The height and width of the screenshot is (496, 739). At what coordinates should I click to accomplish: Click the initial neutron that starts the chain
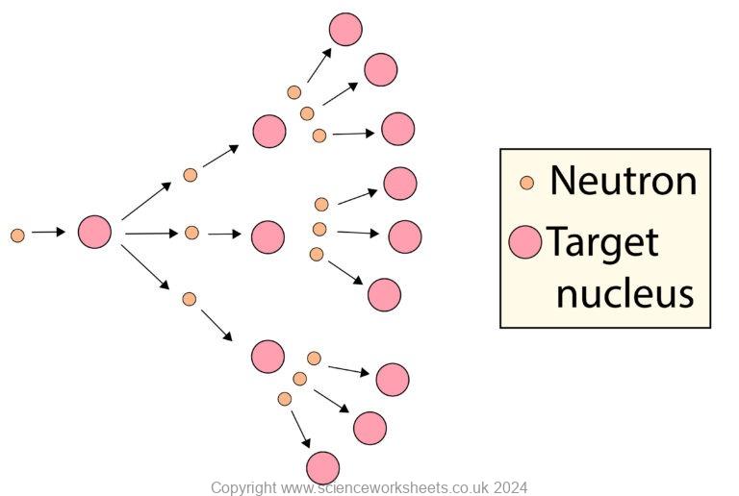click(x=17, y=235)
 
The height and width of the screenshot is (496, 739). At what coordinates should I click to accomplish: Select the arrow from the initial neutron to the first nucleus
click(x=48, y=232)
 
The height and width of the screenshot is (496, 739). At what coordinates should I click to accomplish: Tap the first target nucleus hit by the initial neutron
click(x=94, y=232)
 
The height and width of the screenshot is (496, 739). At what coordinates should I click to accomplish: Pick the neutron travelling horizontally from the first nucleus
click(x=191, y=233)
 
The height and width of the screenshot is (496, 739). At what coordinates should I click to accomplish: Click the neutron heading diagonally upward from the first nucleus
click(x=191, y=175)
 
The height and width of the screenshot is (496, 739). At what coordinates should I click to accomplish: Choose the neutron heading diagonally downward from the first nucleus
click(x=190, y=299)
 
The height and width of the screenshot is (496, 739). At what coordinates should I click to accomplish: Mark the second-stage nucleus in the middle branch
click(x=268, y=236)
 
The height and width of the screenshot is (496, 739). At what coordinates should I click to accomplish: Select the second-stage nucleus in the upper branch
click(x=269, y=131)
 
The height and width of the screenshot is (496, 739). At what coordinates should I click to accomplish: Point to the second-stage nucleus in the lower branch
click(x=268, y=356)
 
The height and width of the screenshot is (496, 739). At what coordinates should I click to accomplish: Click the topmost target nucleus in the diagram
click(x=345, y=30)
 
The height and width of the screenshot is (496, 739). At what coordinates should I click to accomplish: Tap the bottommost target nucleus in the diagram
click(x=323, y=468)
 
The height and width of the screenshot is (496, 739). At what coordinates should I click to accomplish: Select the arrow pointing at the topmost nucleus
click(x=319, y=64)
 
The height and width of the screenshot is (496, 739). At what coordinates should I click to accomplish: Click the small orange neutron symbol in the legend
click(x=526, y=182)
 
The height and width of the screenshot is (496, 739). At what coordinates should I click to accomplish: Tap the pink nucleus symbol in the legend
click(x=525, y=241)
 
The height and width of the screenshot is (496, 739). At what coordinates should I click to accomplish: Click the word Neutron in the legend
click(x=623, y=181)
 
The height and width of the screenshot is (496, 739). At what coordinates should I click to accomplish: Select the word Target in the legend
click(x=602, y=242)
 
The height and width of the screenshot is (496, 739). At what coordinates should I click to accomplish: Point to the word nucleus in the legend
click(x=624, y=293)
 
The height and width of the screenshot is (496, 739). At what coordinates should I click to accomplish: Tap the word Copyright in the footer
click(x=243, y=487)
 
